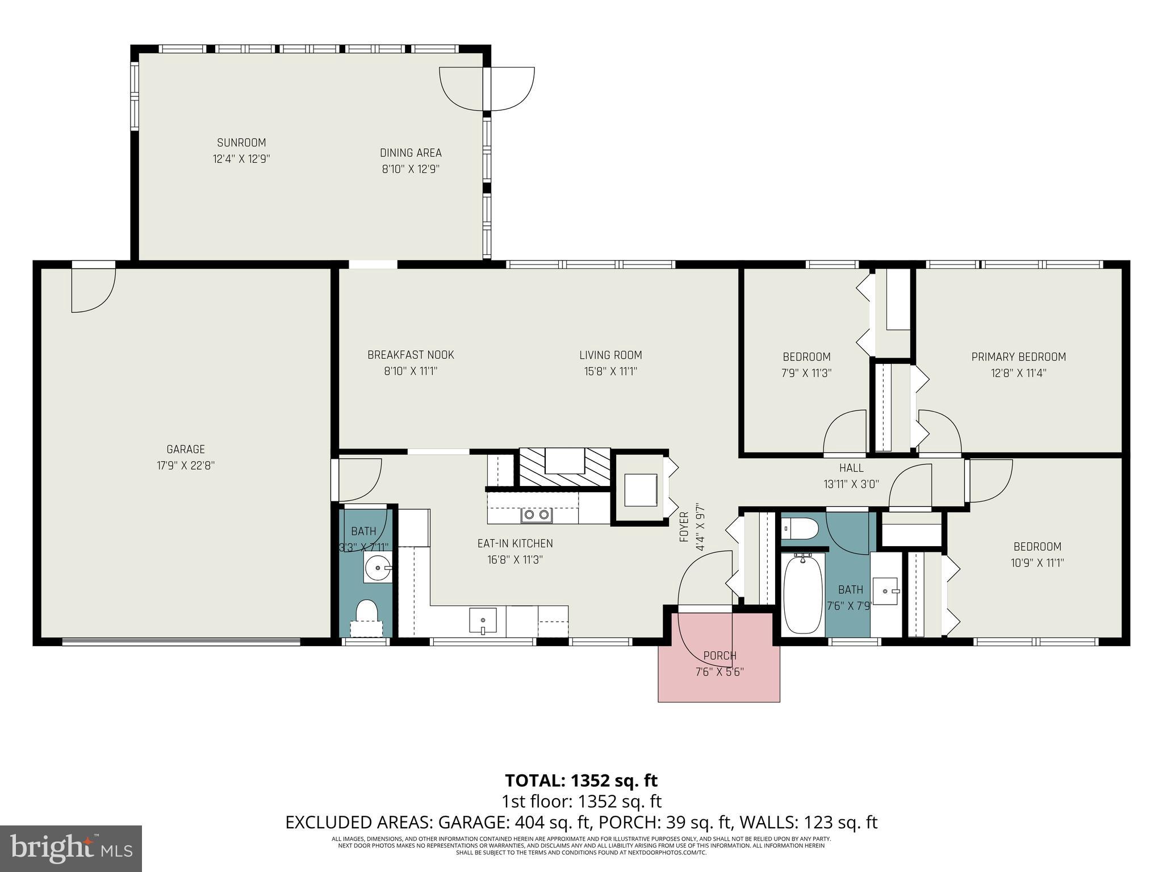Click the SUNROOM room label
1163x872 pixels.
pyautogui.click(x=241, y=142)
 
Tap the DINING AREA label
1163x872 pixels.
pyautogui.click(x=411, y=153)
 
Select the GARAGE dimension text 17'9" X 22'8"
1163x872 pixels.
pyautogui.click(x=186, y=466)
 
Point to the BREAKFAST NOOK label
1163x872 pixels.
pyautogui.click(x=411, y=355)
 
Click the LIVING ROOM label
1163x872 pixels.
pyautogui.click(x=610, y=355)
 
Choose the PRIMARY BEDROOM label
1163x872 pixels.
pyautogui.click(x=1018, y=357)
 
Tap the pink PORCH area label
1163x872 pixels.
pyautogui.click(x=719, y=656)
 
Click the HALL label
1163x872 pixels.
pyautogui.click(x=851, y=468)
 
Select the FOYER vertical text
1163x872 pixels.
pyautogui.click(x=684, y=527)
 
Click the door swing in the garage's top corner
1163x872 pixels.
pyautogui.click(x=93, y=290)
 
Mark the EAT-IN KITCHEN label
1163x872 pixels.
pyautogui.click(x=515, y=543)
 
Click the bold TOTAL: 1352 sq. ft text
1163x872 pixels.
pyautogui.click(x=581, y=781)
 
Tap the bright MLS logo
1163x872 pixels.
pyautogui.click(x=71, y=849)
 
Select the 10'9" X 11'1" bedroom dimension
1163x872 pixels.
pyautogui.click(x=1038, y=563)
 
